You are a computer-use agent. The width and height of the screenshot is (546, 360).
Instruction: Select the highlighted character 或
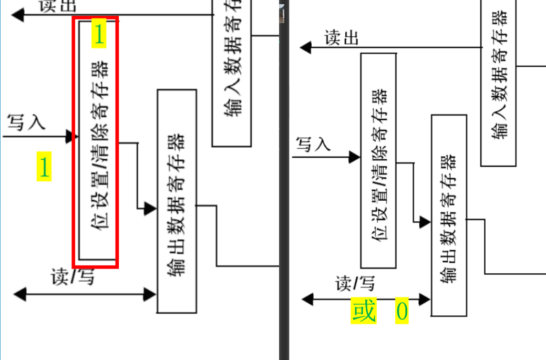coord(364,311)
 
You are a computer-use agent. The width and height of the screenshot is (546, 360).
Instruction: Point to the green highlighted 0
coord(401,312)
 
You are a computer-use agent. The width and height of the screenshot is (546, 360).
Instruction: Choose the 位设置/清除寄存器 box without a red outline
coord(378,160)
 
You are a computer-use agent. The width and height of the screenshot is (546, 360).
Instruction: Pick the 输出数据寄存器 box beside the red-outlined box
coord(177,201)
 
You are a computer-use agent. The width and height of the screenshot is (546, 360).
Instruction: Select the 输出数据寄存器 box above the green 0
coord(449,215)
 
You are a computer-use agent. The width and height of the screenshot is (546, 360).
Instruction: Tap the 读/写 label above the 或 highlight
coord(355,284)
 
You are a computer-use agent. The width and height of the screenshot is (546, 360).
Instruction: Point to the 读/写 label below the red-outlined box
coord(73,276)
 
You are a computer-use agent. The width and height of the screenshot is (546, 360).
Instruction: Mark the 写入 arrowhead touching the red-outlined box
coord(71,137)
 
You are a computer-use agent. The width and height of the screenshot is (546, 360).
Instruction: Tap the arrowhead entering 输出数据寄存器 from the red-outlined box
coord(151,209)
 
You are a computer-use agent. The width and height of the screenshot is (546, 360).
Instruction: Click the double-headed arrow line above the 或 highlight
coord(366,300)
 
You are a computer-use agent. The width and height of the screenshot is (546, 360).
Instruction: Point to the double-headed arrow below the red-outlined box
coord(85,294)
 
